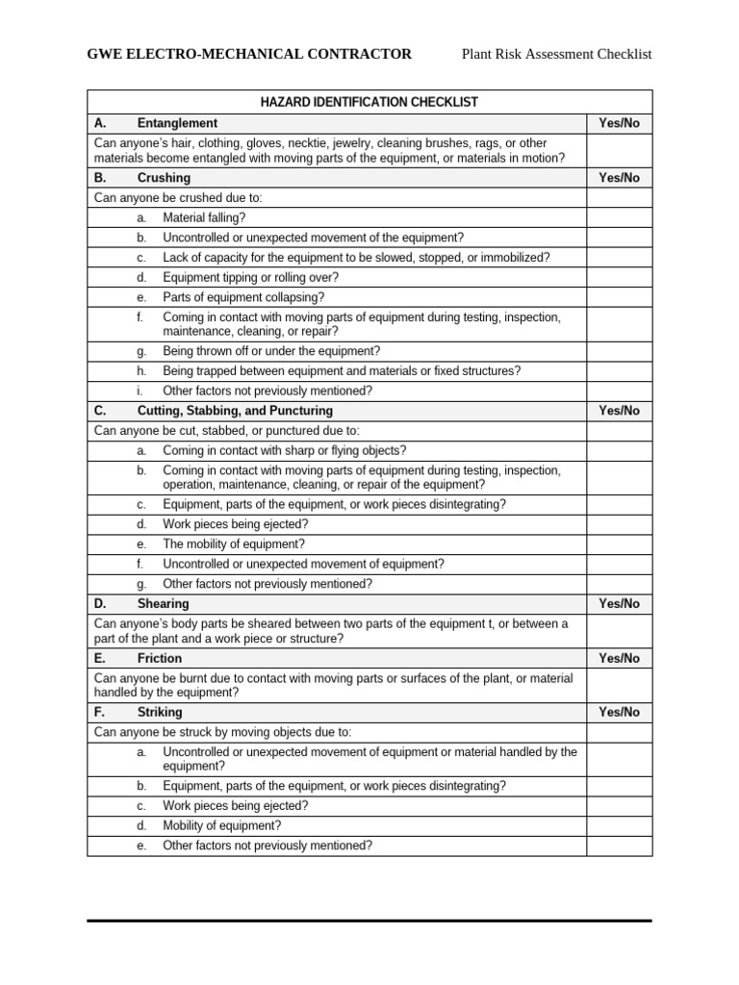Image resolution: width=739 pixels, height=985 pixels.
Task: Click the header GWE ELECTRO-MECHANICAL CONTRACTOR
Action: coord(249,54)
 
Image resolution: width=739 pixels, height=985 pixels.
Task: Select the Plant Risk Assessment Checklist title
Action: coord(556,54)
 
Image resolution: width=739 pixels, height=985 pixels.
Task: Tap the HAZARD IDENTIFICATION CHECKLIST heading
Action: coord(369,102)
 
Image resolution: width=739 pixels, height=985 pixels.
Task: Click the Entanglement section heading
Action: coord(177,123)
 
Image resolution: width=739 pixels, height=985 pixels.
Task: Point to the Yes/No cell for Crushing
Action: coord(619,178)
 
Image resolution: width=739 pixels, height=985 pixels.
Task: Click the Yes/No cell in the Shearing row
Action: coord(619,604)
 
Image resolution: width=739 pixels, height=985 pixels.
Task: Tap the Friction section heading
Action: coord(159,659)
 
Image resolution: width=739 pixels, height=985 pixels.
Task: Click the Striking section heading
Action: coord(159,713)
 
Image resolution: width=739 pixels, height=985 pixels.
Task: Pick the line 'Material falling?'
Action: coord(204,218)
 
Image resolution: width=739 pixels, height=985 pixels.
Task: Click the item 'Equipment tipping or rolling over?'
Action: coord(250,278)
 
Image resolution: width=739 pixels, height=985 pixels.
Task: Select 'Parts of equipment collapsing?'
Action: coord(243,297)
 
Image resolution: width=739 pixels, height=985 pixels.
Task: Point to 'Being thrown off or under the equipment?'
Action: coord(271,351)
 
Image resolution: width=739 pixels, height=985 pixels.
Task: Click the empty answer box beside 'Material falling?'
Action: coord(619,218)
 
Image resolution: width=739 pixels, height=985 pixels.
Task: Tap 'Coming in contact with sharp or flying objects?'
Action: coord(284,451)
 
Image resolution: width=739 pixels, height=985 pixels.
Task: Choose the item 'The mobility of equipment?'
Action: coord(234,544)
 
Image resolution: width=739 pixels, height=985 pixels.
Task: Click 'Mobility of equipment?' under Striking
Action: coord(222,826)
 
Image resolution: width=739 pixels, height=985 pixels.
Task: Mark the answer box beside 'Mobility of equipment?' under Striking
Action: coord(619,826)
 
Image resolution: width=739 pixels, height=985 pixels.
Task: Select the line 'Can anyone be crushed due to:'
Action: coord(178,198)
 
